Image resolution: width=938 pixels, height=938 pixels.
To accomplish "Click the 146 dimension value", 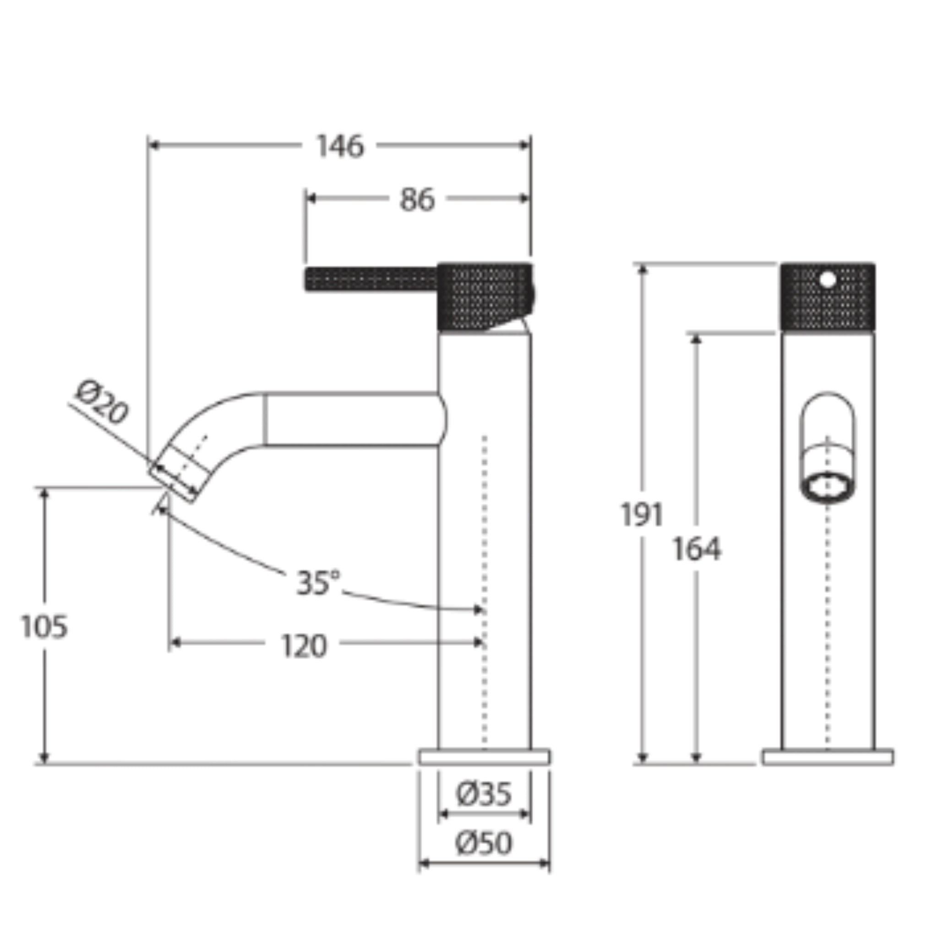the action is [x=340, y=146].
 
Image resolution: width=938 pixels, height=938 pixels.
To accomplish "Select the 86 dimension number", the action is [x=417, y=200].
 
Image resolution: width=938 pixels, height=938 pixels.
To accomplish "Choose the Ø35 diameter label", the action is [x=484, y=795].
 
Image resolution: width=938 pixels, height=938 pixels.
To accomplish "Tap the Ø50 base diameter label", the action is [x=484, y=843].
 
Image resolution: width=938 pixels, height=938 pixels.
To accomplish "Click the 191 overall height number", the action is [x=642, y=515].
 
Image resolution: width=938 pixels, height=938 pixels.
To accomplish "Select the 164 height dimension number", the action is [x=697, y=550].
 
